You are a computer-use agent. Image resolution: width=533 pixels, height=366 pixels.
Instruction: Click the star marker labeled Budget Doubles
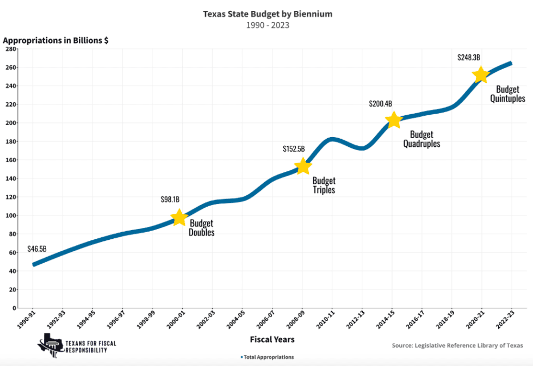click(x=179, y=218)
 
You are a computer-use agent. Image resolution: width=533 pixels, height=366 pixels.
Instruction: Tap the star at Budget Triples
click(x=302, y=166)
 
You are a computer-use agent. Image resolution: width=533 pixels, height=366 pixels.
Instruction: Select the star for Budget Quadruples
click(x=394, y=120)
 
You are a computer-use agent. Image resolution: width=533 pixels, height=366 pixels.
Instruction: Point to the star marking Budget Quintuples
click(x=480, y=75)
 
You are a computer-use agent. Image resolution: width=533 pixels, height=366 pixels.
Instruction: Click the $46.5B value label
click(x=37, y=249)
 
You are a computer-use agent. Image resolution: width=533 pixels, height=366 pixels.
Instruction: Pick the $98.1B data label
click(x=170, y=200)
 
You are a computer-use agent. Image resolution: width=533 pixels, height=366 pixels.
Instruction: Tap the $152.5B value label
click(x=294, y=148)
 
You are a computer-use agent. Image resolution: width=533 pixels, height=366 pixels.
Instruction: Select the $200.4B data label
click(x=380, y=103)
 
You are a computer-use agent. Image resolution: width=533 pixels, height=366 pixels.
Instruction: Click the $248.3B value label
click(x=468, y=57)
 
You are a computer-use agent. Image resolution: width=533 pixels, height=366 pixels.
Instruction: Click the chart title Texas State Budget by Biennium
click(x=268, y=14)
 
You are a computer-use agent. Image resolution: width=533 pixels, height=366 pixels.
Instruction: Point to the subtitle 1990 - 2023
click(x=268, y=25)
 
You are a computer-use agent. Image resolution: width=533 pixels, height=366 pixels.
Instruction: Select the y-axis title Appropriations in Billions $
click(x=55, y=41)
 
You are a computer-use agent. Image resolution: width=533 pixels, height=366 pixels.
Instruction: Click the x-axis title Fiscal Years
click(x=272, y=339)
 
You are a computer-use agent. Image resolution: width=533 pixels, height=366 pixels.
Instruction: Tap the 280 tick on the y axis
click(x=10, y=49)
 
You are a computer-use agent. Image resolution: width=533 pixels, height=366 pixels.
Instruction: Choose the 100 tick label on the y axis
click(x=10, y=216)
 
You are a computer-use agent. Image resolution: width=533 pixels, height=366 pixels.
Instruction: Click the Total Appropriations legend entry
click(x=268, y=357)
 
